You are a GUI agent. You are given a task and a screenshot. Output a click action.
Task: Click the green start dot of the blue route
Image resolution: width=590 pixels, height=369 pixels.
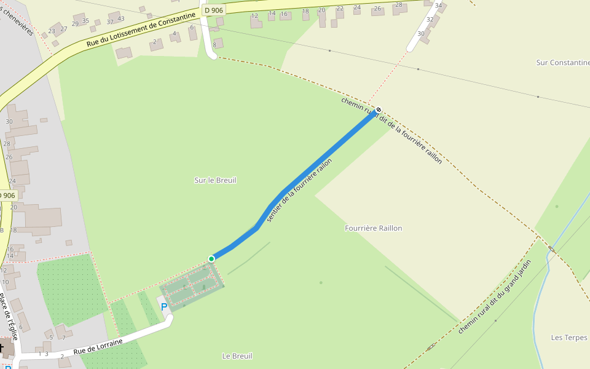(x=211, y=259)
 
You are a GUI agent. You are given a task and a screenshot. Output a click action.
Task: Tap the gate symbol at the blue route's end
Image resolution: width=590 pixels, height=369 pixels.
(x=379, y=110)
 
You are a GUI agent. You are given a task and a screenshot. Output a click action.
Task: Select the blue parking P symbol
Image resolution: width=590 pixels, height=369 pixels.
(x=164, y=306)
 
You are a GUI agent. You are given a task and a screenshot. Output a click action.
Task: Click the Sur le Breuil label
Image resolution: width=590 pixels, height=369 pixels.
(x=215, y=180)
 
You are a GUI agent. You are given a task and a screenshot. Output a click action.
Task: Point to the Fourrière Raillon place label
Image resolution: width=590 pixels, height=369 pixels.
(x=373, y=228)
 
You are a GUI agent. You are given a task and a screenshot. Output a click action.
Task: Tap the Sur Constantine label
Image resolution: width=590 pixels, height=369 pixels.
(x=562, y=63)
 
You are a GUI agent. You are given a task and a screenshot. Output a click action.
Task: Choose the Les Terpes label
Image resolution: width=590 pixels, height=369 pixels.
(x=569, y=338)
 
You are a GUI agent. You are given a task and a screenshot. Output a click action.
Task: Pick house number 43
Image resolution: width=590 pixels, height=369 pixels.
(x=120, y=19)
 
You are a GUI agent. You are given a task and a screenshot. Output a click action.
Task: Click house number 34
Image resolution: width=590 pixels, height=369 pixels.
(x=438, y=6)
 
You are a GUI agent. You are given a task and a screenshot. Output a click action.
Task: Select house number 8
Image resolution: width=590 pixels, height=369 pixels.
(x=214, y=44)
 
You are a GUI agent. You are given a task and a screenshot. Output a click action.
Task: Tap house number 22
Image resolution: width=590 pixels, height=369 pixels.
(x=340, y=9)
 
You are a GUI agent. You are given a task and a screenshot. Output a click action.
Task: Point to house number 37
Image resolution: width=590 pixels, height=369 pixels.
(x=110, y=22)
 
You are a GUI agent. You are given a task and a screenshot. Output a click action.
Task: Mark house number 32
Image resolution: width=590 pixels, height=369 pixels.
(x=430, y=19)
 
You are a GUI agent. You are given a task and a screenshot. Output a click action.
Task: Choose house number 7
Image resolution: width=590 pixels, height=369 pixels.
(x=63, y=338)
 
